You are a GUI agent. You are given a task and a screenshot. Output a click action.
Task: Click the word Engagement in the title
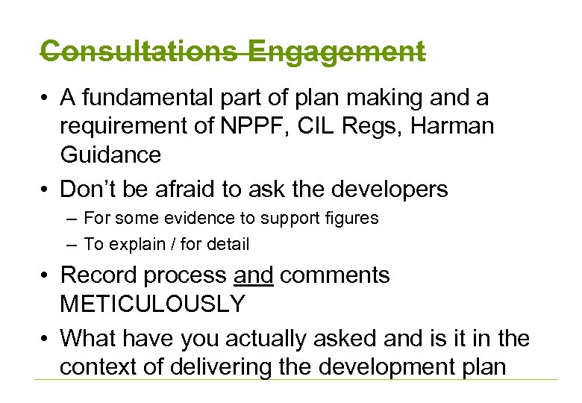pyautogui.click(x=337, y=53)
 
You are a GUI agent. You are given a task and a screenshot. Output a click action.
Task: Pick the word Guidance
pyautogui.click(x=110, y=154)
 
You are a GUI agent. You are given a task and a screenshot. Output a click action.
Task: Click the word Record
pyautogui.click(x=98, y=275)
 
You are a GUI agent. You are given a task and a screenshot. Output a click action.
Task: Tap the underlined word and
pyautogui.click(x=254, y=275)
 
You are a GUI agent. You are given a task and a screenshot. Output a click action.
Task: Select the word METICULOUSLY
pyautogui.click(x=152, y=304)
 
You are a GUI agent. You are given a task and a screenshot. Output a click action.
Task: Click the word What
pyautogui.click(x=87, y=338)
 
